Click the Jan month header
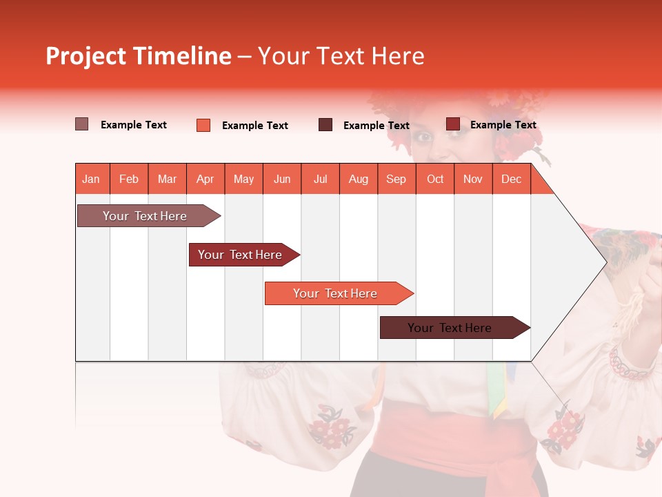pyautogui.click(x=91, y=179)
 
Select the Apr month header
pyautogui.click(x=205, y=179)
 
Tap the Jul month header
pyautogui.click(x=320, y=179)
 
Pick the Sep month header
pyautogui.click(x=396, y=179)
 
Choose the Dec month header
pyautogui.click(x=511, y=179)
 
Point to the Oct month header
pyautogui.click(x=434, y=179)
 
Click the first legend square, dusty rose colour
pyautogui.click(x=81, y=124)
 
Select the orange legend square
pyautogui.click(x=203, y=125)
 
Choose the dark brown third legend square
pyautogui.click(x=325, y=125)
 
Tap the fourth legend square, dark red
pyautogui.click(x=452, y=124)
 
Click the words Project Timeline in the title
pyautogui.click(x=138, y=56)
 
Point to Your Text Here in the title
pyautogui.click(x=341, y=56)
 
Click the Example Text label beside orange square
pyautogui.click(x=254, y=126)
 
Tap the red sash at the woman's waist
pyautogui.click(x=455, y=435)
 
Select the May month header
pyautogui.click(x=243, y=179)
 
